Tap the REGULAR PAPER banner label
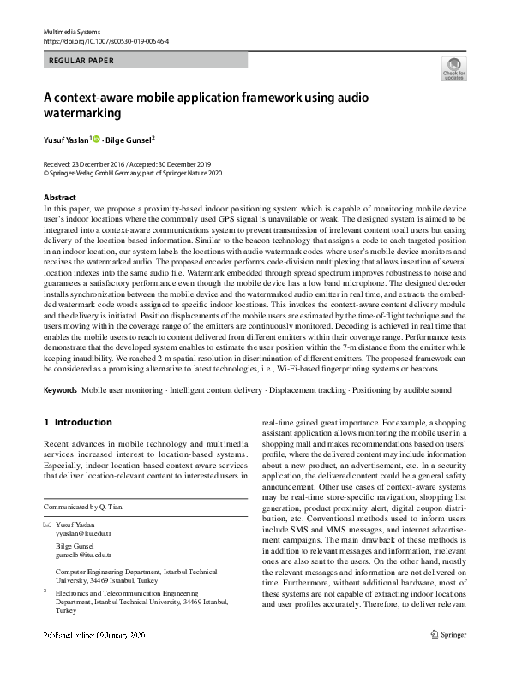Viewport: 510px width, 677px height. click(82, 61)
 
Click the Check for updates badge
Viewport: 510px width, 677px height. click(453, 69)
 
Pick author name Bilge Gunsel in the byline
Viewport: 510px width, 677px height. click(129, 140)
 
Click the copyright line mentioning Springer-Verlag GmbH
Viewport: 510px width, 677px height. click(133, 171)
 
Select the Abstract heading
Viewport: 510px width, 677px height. click(59, 198)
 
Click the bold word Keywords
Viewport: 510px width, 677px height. click(60, 390)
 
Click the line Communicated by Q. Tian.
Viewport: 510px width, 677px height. click(83, 507)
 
